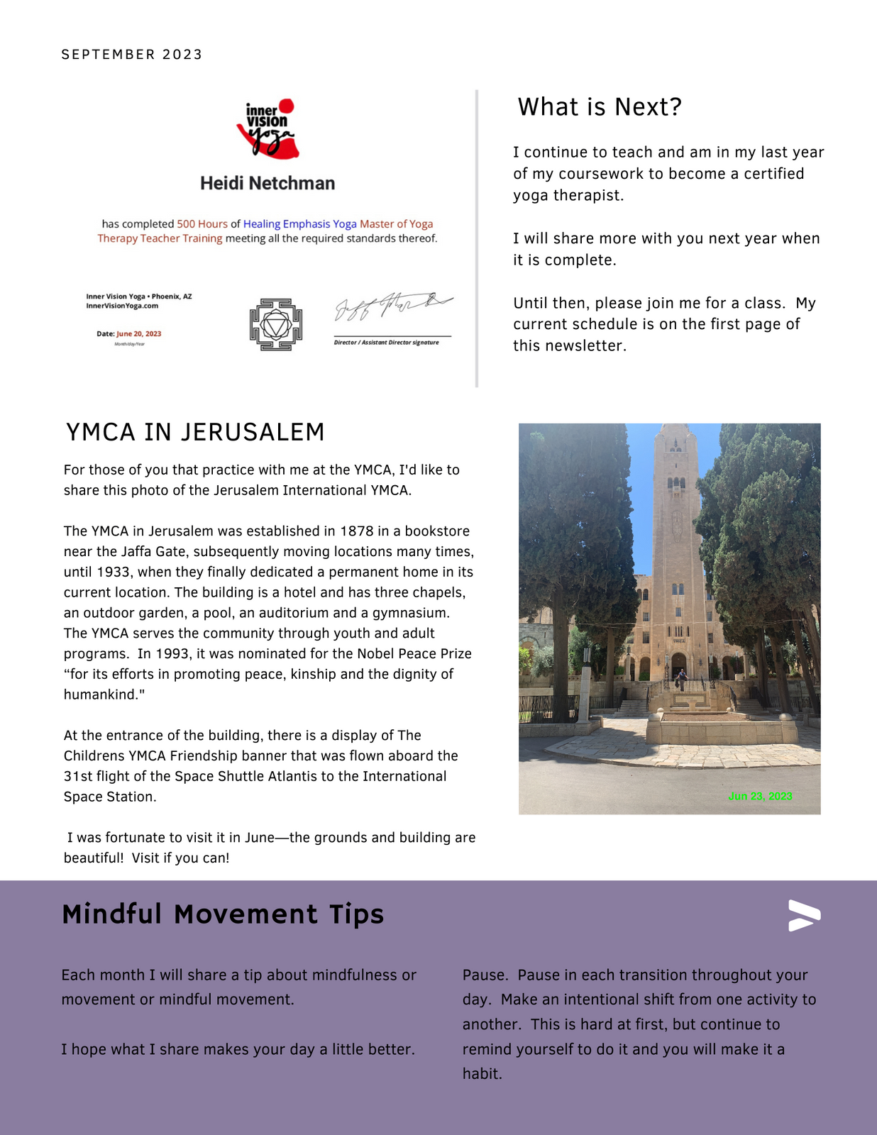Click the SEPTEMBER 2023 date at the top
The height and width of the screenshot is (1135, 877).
[x=132, y=55]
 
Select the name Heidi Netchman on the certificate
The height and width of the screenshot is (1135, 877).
[x=267, y=184]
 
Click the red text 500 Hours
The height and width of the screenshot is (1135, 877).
[x=202, y=224]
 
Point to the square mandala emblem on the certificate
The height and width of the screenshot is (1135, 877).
[x=276, y=324]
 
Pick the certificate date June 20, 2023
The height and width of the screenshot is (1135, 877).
[x=138, y=333]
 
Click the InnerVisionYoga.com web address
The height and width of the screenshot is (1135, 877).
[x=122, y=306]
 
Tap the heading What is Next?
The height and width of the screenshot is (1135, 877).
[x=600, y=107]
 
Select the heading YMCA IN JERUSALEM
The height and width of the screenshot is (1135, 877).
[x=195, y=432]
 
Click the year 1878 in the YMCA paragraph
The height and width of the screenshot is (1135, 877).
[x=357, y=531]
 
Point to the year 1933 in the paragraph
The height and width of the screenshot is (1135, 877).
[x=114, y=572]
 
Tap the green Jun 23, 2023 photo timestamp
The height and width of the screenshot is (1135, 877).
[x=760, y=797]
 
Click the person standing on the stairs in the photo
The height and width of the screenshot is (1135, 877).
[x=682, y=679]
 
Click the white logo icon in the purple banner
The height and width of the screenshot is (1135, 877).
[x=804, y=916]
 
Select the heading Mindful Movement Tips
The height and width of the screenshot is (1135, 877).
[x=223, y=914]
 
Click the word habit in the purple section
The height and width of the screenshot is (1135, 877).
[x=482, y=1074]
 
